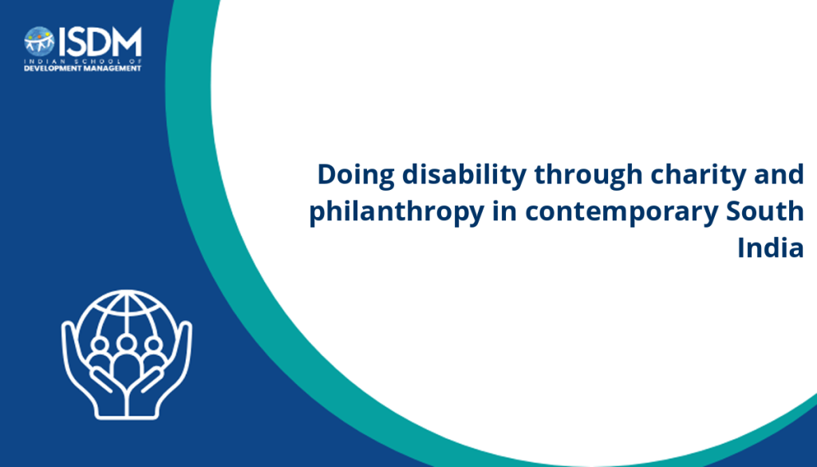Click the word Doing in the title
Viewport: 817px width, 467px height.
[x=356, y=176]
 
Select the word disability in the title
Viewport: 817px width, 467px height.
[x=464, y=176]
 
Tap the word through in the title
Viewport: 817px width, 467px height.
[x=588, y=176]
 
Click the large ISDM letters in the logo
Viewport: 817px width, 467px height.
[x=100, y=42]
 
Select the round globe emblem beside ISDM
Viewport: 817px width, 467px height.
[x=39, y=42]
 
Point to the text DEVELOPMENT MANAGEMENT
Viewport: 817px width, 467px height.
[x=83, y=69]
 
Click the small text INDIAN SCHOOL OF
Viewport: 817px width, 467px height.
[x=83, y=61]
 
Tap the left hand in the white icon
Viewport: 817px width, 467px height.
[x=88, y=373]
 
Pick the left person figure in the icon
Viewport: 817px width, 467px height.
[x=100, y=354]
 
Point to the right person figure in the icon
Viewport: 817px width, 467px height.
[x=154, y=354]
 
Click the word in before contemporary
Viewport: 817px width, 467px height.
[x=505, y=211]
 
